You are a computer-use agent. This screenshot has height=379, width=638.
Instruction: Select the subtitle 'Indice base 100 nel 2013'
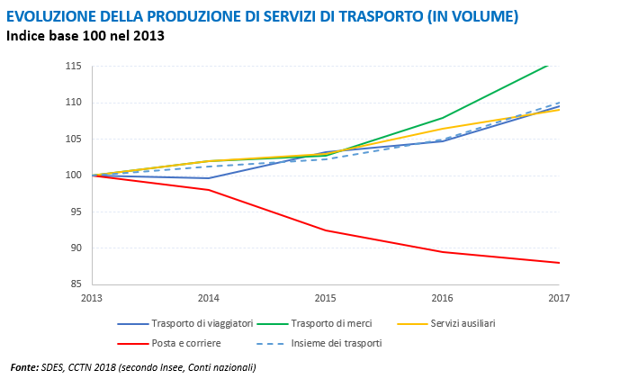click(85, 36)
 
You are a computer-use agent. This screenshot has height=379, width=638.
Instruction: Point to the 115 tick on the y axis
click(74, 67)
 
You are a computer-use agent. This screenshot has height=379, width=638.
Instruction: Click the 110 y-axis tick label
click(74, 103)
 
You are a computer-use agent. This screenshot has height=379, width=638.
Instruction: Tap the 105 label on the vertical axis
click(74, 139)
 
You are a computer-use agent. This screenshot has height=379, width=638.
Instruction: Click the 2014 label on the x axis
click(208, 297)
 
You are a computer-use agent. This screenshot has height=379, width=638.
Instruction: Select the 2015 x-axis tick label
click(325, 297)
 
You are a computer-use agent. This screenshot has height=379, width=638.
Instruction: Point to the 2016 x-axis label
click(442, 297)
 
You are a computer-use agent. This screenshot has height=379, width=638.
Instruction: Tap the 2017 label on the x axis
click(559, 297)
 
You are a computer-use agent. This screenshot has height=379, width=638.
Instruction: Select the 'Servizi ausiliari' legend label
click(463, 323)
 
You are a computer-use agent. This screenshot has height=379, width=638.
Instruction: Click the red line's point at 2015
click(325, 230)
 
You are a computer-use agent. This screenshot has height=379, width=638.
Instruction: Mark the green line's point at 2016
click(442, 118)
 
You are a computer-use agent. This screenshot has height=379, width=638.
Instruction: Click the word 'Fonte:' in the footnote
click(24, 367)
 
